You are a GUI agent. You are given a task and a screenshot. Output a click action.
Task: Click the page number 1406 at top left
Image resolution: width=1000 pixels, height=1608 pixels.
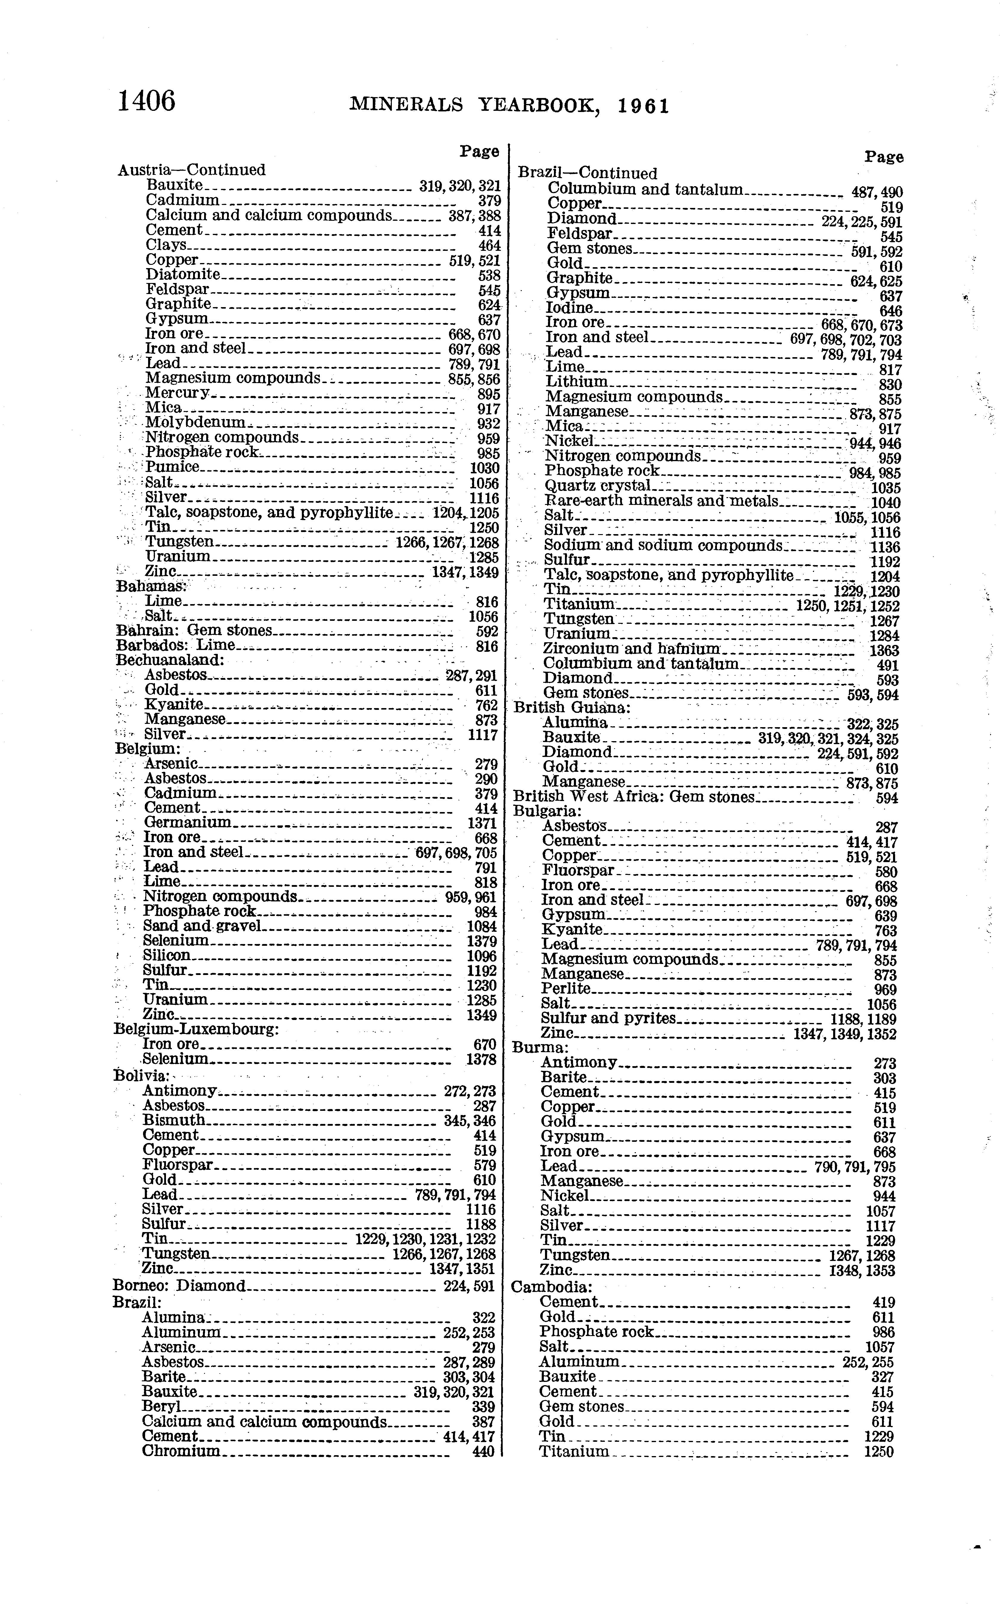146,101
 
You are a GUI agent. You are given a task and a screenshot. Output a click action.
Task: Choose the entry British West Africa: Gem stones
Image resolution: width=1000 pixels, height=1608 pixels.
633,797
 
